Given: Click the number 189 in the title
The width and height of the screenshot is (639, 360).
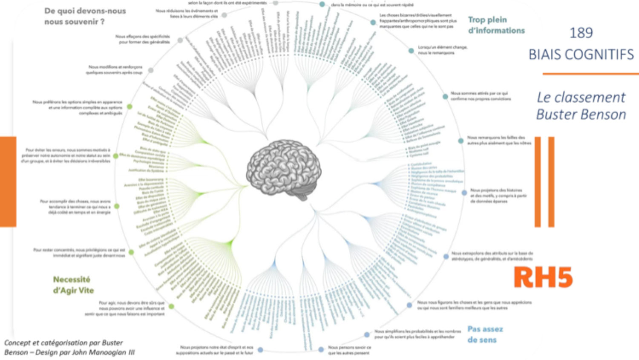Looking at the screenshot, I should pos(581,33).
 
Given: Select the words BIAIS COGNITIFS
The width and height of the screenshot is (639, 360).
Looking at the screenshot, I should pos(581,55).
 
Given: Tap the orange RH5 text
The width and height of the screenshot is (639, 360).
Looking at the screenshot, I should pos(543,277).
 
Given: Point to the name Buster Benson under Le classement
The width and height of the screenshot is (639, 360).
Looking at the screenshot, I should pos(581,114).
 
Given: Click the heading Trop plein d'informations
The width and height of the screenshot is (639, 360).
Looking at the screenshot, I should pos(496,25).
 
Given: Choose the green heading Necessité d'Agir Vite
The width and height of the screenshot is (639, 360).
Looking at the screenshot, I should pos(73,285).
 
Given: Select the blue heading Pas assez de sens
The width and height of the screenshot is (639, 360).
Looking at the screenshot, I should pos(485,334).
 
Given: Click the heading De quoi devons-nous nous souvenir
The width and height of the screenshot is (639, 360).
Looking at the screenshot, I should pos(85,16).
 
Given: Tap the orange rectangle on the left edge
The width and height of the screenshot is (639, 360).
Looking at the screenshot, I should pos(8,181).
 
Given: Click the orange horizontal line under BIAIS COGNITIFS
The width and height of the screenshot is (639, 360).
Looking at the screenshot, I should pos(590,74).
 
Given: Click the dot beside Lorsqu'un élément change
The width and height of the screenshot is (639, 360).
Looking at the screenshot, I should pos(411,51).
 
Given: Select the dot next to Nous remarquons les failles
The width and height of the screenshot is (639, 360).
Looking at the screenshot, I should pos(461,141).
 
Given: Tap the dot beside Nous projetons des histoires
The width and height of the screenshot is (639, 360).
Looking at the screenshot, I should pos(464,193).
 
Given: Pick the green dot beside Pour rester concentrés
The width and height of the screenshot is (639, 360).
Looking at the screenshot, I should pos(131,252).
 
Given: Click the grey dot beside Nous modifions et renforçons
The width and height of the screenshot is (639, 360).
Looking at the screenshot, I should pos(150,70).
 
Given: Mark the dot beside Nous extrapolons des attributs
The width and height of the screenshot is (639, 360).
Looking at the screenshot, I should pos(446,256).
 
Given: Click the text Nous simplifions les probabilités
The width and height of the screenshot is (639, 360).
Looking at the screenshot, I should pos(417,334).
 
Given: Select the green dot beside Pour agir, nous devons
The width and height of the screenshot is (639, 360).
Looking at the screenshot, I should pos(171,306).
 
